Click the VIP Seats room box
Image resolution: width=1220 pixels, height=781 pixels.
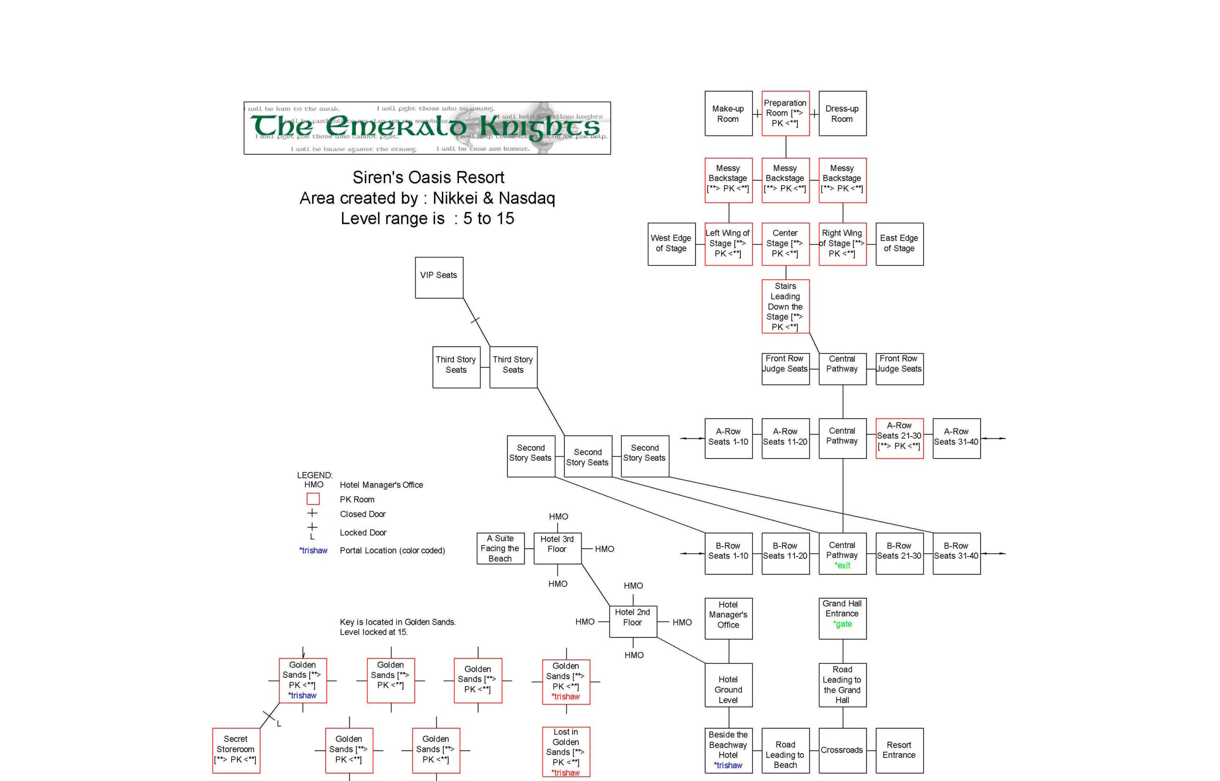click(x=438, y=277)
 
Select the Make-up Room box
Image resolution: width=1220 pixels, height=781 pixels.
click(x=728, y=113)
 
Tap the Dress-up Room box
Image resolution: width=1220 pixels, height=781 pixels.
click(x=842, y=113)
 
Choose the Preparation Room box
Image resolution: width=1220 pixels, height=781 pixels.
click(x=785, y=113)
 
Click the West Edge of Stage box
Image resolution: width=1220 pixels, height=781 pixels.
click(x=671, y=244)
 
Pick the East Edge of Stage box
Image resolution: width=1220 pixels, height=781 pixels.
click(x=899, y=244)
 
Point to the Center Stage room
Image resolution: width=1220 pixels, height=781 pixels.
click(x=785, y=244)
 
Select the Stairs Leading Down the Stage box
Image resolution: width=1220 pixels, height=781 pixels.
click(x=785, y=306)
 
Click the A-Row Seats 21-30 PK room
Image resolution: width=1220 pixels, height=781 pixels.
click(x=899, y=438)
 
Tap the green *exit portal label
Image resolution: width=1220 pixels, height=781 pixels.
click(x=843, y=566)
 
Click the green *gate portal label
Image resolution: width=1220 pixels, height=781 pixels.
click(x=843, y=624)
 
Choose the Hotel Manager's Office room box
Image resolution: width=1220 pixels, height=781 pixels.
click(x=728, y=618)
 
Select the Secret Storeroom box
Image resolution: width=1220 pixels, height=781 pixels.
click(x=236, y=750)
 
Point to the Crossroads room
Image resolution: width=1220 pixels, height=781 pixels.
click(x=842, y=750)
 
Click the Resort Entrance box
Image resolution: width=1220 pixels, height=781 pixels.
click(x=899, y=750)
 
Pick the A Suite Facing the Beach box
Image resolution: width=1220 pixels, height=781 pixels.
click(x=500, y=548)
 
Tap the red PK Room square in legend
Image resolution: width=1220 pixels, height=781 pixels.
click(x=313, y=499)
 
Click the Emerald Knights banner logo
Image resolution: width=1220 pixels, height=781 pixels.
click(x=427, y=128)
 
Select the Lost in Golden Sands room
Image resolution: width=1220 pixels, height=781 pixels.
click(x=566, y=751)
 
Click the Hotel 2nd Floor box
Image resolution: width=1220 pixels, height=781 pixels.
click(x=632, y=621)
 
